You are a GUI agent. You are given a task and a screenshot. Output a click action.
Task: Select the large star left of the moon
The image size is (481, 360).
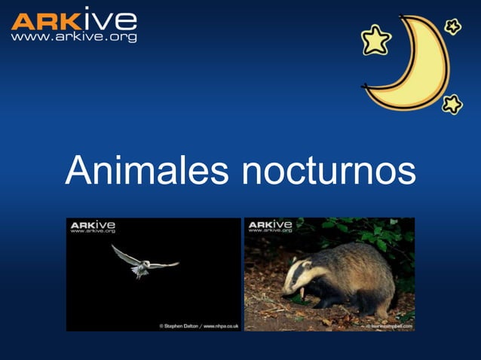tap(375, 40)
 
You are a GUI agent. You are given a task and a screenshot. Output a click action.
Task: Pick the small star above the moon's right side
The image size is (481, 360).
tap(452, 27)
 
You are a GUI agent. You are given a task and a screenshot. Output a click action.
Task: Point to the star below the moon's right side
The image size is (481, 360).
tap(452, 103)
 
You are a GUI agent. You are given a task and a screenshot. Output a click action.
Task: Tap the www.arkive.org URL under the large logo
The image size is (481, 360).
tap(74, 36)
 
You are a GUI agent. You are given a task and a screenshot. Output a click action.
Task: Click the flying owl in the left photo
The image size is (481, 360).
tap(142, 263)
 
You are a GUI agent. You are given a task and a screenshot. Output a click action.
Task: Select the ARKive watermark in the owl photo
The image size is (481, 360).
tap(93, 227)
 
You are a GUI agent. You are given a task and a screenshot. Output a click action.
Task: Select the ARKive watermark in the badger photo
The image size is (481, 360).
tap(270, 227)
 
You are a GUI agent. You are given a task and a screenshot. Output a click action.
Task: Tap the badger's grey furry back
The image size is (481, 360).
tap(362, 264)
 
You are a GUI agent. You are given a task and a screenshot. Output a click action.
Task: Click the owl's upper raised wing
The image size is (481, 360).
tap(125, 254)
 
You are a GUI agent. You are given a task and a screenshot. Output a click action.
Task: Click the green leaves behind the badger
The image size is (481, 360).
tap(377, 233)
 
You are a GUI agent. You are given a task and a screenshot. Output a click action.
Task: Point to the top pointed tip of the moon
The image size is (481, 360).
tap(411, 18)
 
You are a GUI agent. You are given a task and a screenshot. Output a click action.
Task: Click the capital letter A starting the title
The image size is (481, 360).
tap(78, 171)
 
